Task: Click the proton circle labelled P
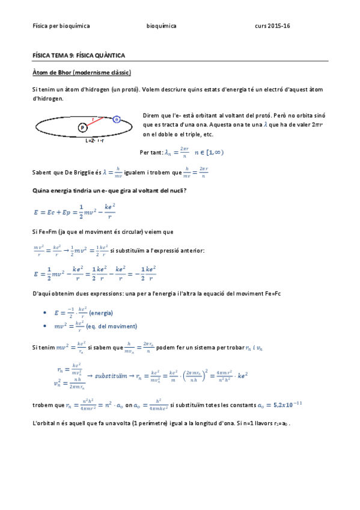[82, 128]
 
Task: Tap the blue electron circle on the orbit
[117, 120]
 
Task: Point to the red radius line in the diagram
[99, 124]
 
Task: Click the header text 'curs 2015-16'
[272, 26]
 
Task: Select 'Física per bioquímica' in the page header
[61, 26]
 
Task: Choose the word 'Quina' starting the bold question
[41, 191]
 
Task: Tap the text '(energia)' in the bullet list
[101, 313]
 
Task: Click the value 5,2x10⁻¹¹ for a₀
[288, 404]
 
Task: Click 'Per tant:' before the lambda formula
[150, 153]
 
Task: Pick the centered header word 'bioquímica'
[162, 26]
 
